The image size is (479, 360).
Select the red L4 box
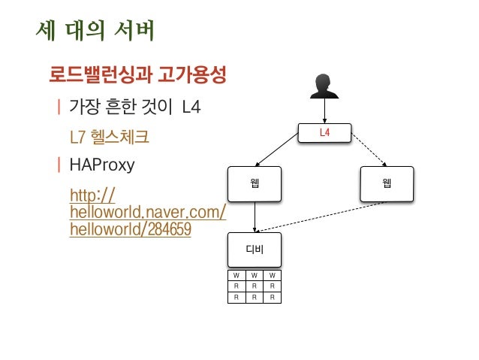pos(325,133)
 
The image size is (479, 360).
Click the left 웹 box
pos(255,183)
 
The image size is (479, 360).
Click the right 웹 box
pos(387,183)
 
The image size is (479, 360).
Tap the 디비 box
pos(255,250)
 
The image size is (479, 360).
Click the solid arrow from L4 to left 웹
pos(289,152)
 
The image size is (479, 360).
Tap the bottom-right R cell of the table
pos(273,297)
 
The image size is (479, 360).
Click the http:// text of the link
pos(92,197)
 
